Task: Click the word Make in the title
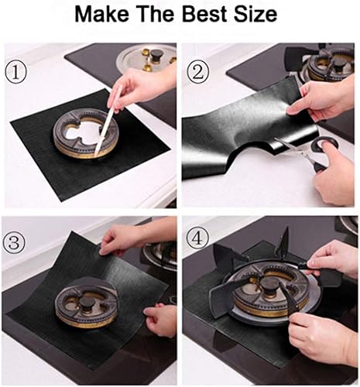click(101, 14)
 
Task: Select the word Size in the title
click(255, 14)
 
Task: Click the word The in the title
click(156, 14)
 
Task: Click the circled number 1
click(15, 73)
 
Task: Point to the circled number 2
click(198, 72)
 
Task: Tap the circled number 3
click(15, 243)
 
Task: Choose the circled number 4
click(197, 238)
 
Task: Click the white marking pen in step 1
click(108, 121)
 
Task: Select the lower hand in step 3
click(160, 320)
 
